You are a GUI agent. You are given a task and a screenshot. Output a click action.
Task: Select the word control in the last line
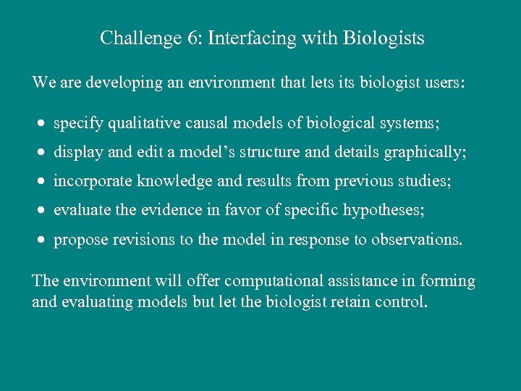point(401,300)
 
